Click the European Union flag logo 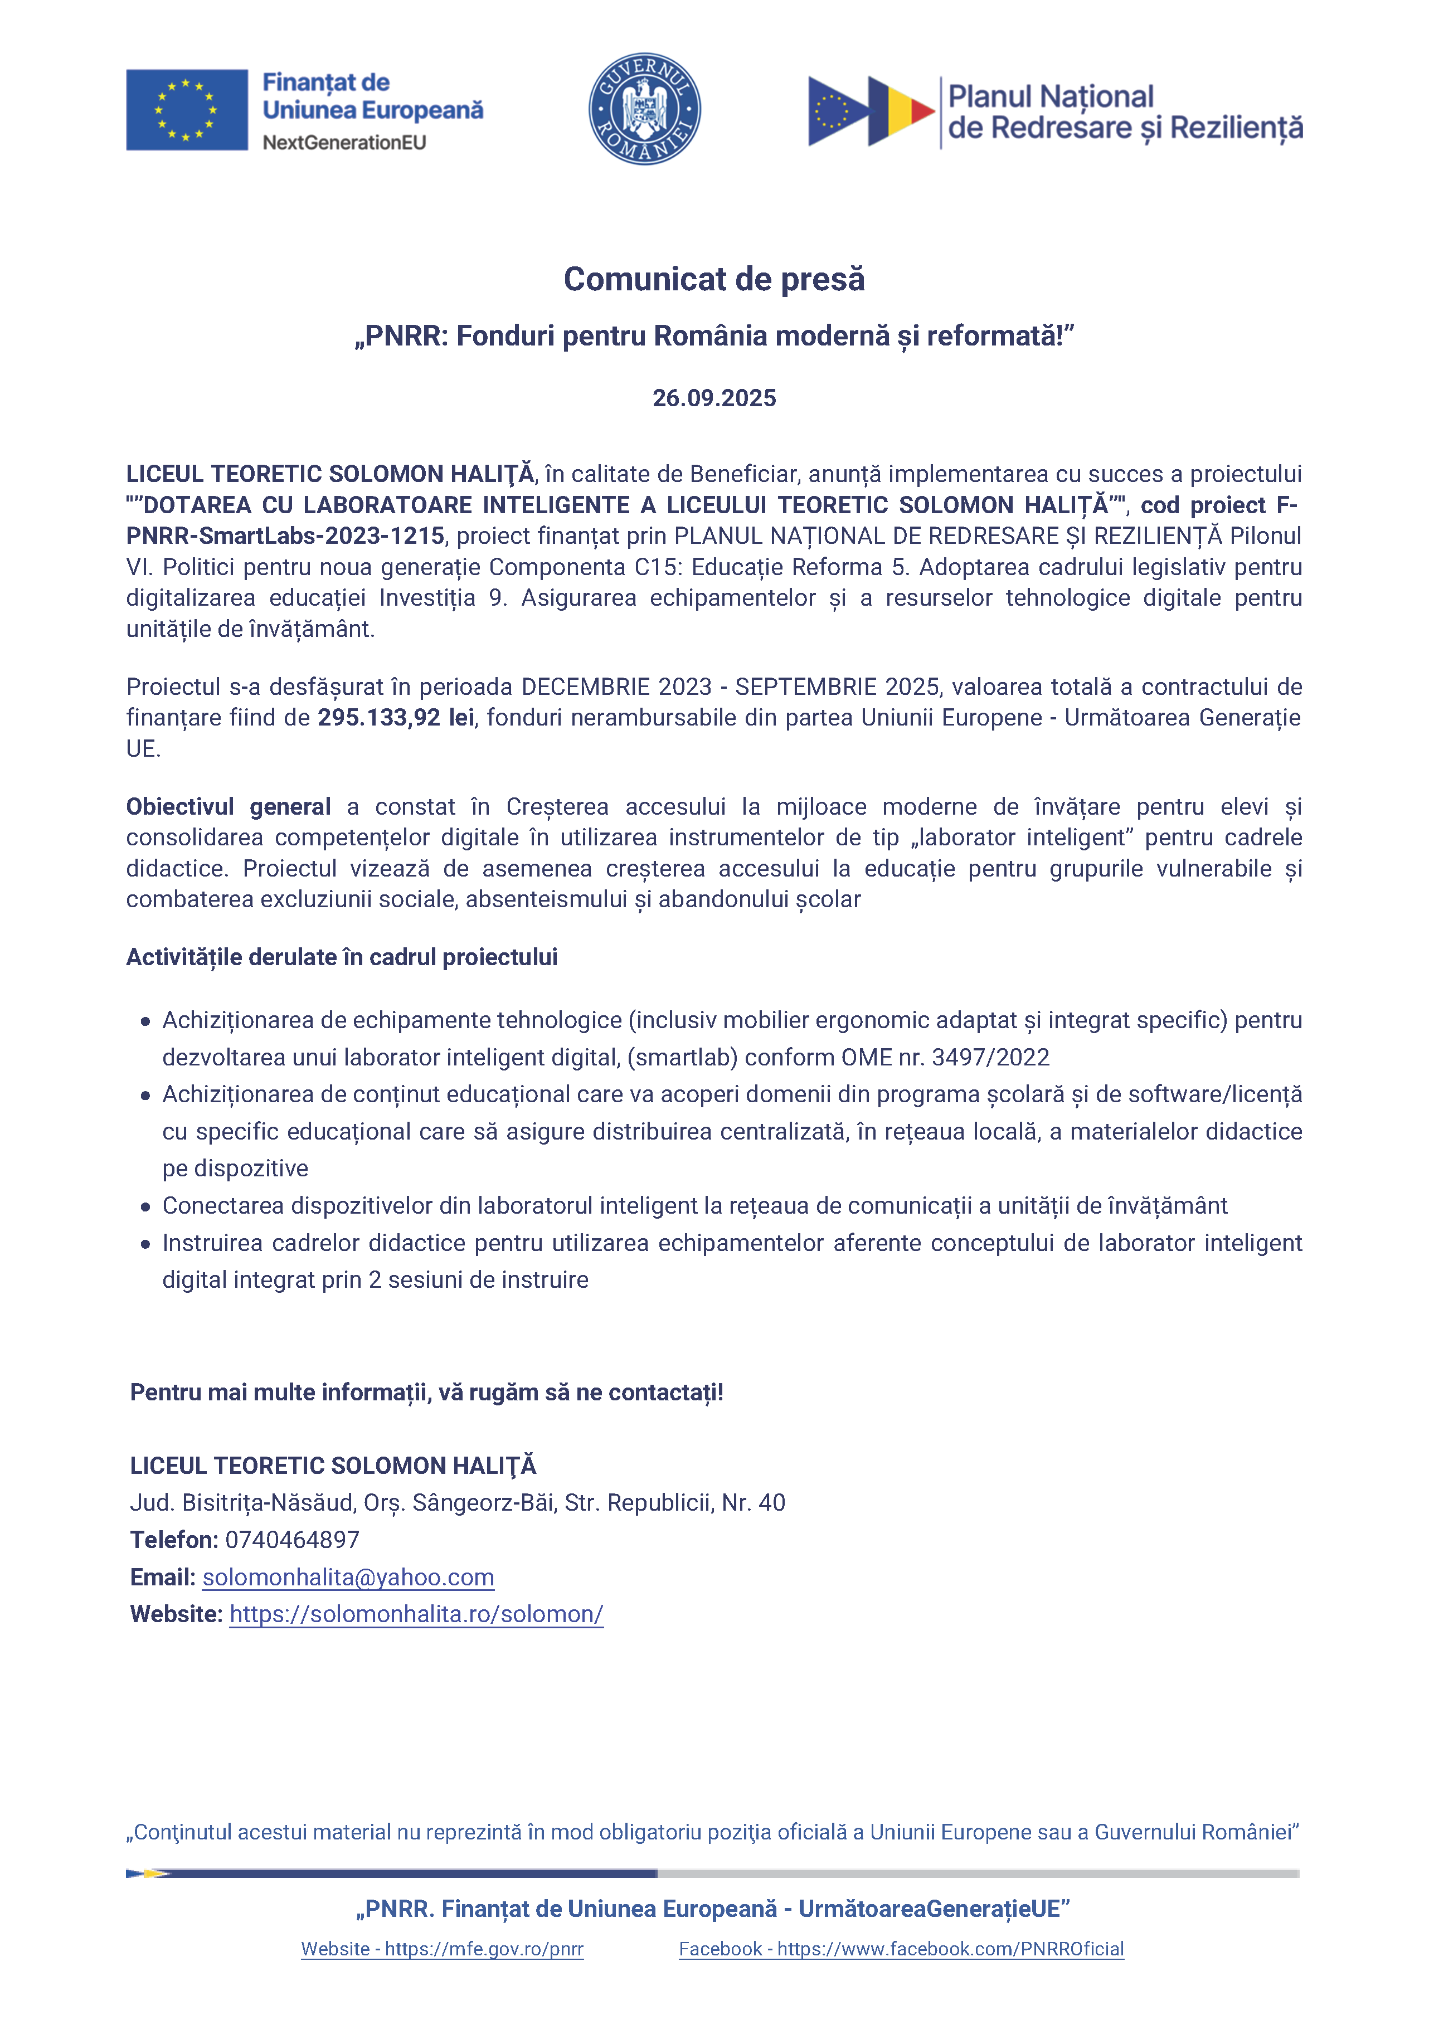(187, 110)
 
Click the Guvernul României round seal (644, 109)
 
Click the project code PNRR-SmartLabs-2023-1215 (285, 536)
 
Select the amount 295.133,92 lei (396, 718)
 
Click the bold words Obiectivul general (228, 807)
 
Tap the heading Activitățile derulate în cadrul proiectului (342, 957)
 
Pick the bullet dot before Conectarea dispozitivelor (145, 1207)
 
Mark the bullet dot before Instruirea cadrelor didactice (145, 1244)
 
